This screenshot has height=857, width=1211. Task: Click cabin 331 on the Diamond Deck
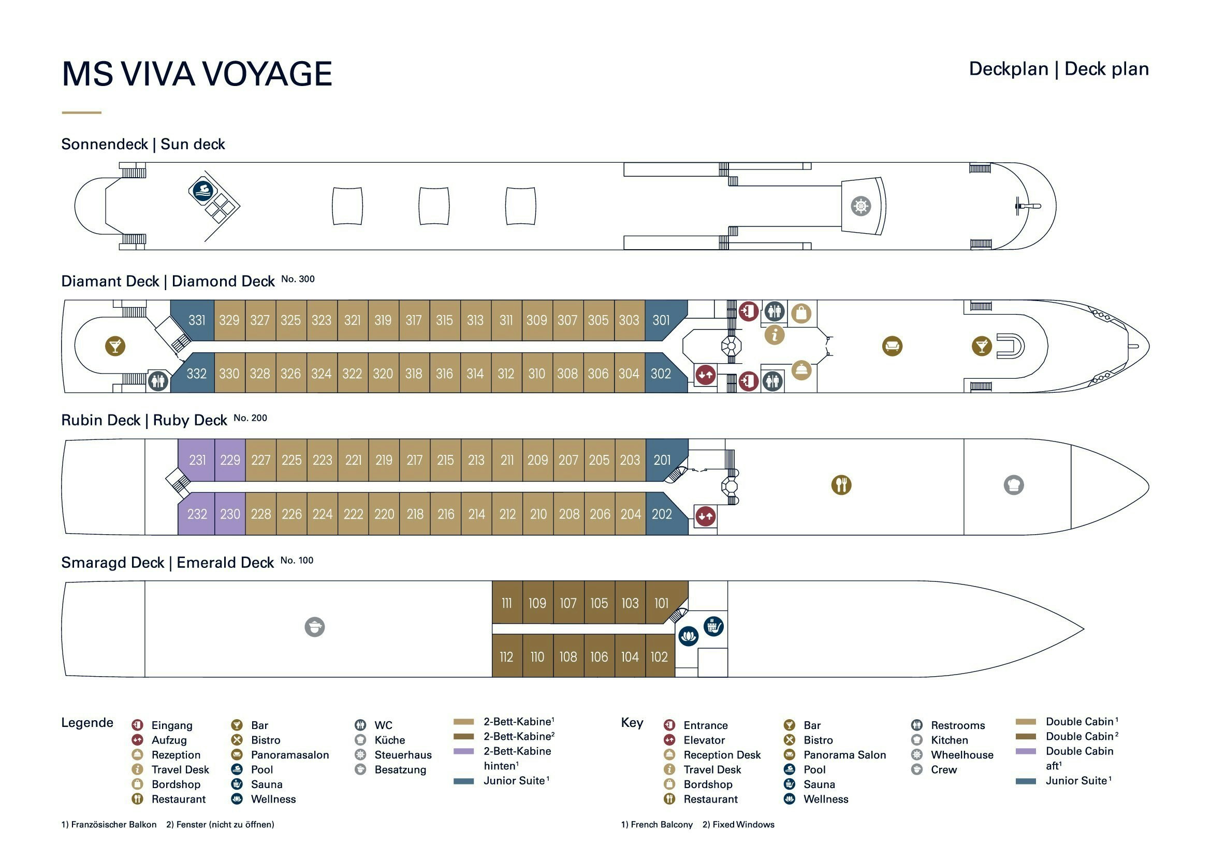pos(196,320)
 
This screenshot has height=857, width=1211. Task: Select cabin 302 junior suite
pos(661,374)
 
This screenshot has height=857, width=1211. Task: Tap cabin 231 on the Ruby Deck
pos(197,460)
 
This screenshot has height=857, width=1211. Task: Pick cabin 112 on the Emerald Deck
pos(506,657)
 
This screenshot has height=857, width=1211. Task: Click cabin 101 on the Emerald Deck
pos(661,603)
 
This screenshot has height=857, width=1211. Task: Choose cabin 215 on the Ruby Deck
pos(445,460)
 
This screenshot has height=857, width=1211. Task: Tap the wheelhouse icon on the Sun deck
pos(860,206)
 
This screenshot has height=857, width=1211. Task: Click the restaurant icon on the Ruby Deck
pos(841,484)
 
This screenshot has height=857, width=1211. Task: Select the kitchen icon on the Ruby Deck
pos(1013,484)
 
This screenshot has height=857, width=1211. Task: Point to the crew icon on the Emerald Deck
pos(314,627)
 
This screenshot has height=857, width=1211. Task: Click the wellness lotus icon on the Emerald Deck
pos(688,636)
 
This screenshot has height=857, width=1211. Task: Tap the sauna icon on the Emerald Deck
pos(713,626)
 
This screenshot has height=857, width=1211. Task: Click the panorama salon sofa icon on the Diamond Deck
pos(892,346)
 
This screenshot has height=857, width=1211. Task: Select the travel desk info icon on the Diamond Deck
pos(774,335)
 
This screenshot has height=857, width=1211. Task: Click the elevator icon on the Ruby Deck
pos(705,516)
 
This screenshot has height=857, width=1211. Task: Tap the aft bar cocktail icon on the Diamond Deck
pos(115,346)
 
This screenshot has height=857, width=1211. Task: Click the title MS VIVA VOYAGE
pos(197,74)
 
